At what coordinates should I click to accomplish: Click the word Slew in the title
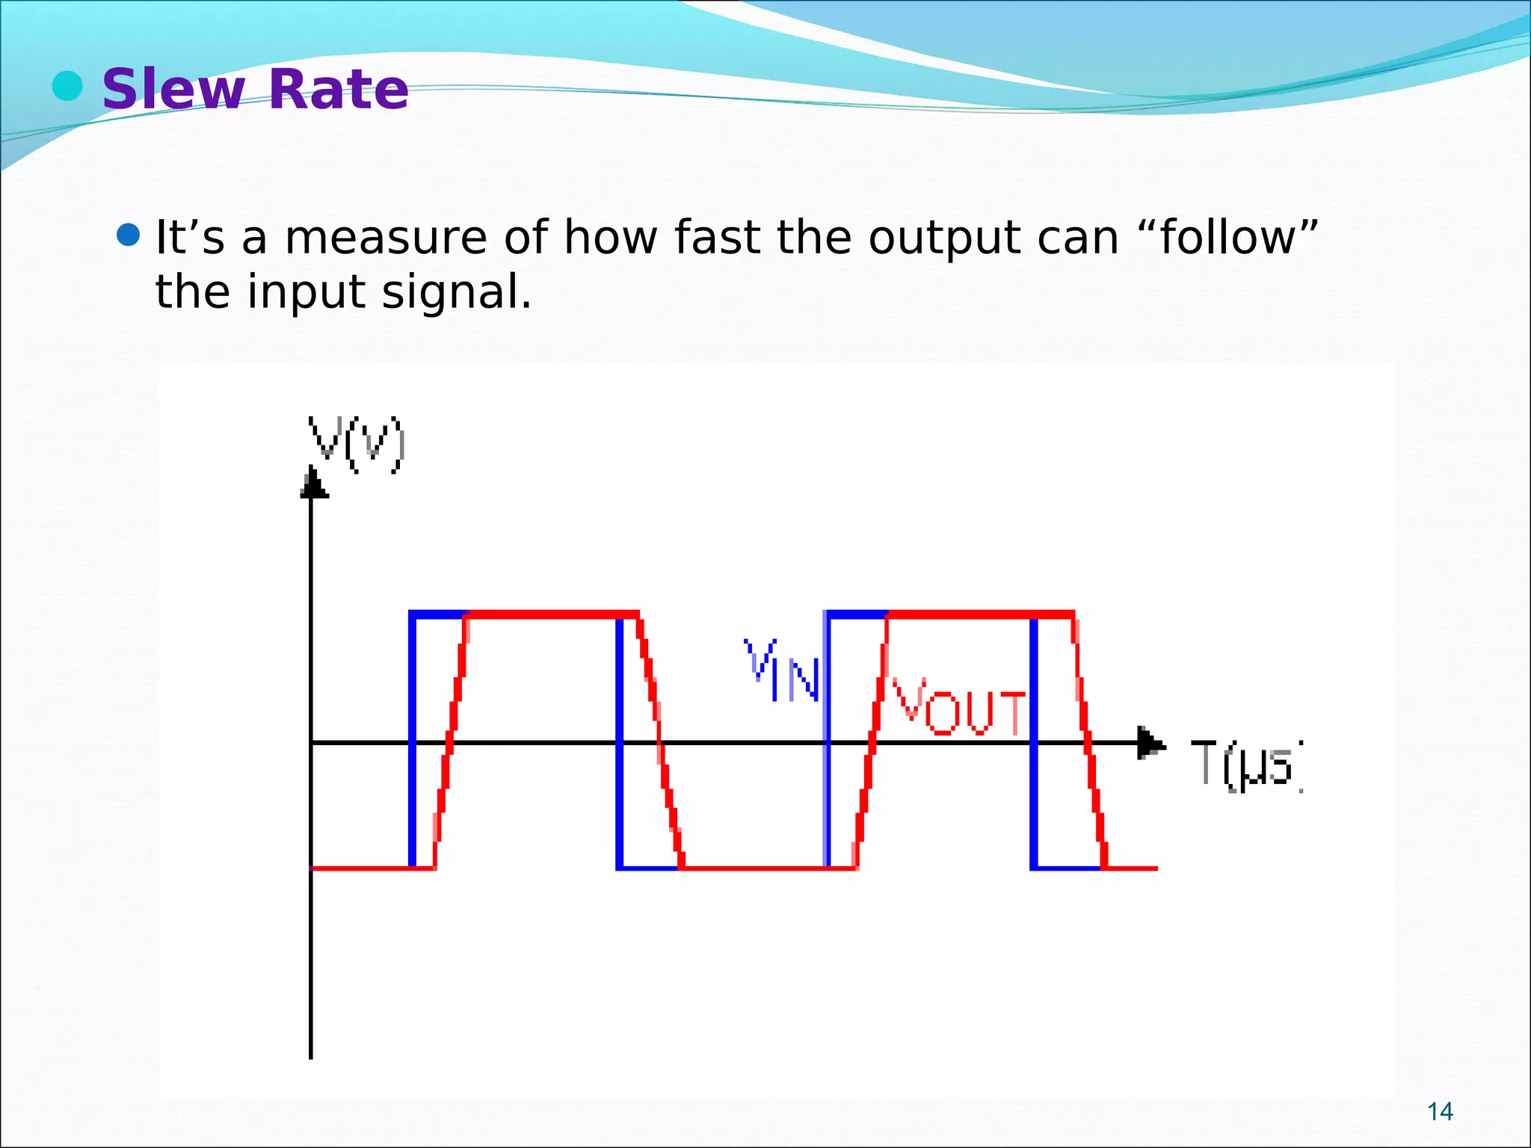coord(173,90)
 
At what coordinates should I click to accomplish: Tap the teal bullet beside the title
coord(67,86)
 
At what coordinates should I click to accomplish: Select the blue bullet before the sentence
coord(129,236)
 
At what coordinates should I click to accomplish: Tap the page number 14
coord(1440,1111)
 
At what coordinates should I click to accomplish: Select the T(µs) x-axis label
coord(1248,764)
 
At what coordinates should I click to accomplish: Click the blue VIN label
coord(783,670)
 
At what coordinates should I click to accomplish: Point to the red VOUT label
coord(959,707)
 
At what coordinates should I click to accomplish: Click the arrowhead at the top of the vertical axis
coord(312,483)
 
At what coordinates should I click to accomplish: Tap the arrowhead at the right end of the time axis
coord(1150,743)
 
